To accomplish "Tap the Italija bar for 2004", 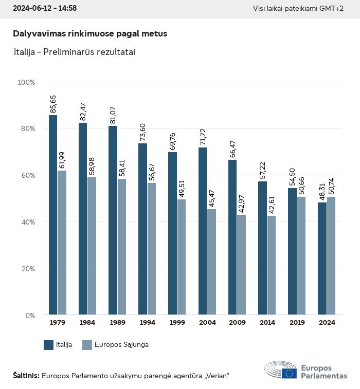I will (x=203, y=231).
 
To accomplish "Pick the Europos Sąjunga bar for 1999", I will (x=182, y=257).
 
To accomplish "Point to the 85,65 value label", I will (x=53, y=104).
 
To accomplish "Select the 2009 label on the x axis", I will (x=237, y=323).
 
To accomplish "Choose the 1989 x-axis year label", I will (x=117, y=323).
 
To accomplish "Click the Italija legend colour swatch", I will (x=49, y=345).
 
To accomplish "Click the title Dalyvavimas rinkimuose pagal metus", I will (x=90, y=33).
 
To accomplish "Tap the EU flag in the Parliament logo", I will (x=289, y=373).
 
